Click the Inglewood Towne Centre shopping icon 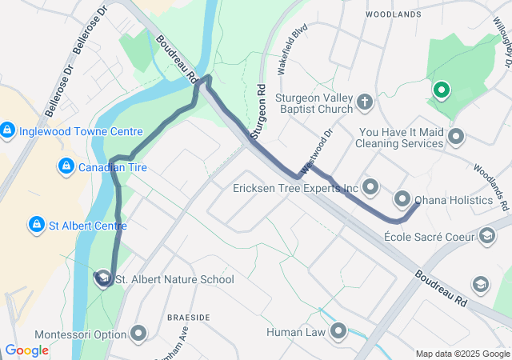[7, 130]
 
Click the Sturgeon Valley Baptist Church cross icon [364, 102]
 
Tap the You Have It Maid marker [456, 136]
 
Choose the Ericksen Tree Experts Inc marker [370, 188]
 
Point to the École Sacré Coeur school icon [486, 236]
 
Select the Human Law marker [338, 330]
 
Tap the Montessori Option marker [140, 333]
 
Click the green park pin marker [439, 90]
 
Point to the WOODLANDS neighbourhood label [393, 14]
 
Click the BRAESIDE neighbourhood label [188, 318]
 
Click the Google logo [26, 350]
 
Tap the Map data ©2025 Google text [462, 354]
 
